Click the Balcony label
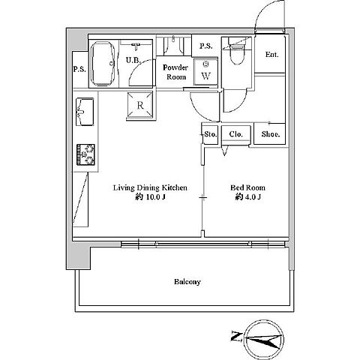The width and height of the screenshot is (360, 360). coord(187,282)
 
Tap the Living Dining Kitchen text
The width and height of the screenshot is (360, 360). coord(150,187)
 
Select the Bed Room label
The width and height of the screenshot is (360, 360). coord(247,187)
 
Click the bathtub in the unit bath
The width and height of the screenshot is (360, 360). coord(103,64)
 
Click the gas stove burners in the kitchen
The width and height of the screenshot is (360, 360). coord(85,154)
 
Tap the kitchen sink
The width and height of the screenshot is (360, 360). coord(85,112)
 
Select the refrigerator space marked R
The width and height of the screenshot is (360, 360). coord(140,105)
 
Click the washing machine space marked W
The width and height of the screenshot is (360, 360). coord(205,71)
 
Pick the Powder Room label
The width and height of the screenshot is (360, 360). coord(175,72)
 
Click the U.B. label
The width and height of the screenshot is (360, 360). coord(133,60)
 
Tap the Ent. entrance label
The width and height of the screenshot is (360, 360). coord(271,54)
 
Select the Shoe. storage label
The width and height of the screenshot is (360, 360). coord(271,134)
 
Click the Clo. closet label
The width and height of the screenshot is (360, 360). coord(236,134)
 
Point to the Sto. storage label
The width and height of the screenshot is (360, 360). coord(211,134)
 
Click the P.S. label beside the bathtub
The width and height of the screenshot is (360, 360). coord(79,69)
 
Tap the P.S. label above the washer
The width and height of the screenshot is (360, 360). coord(206,46)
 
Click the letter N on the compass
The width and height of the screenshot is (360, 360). coord(235,336)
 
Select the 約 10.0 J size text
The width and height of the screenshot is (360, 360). coord(150,197)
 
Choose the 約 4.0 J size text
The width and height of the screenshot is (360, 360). coord(248,197)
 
